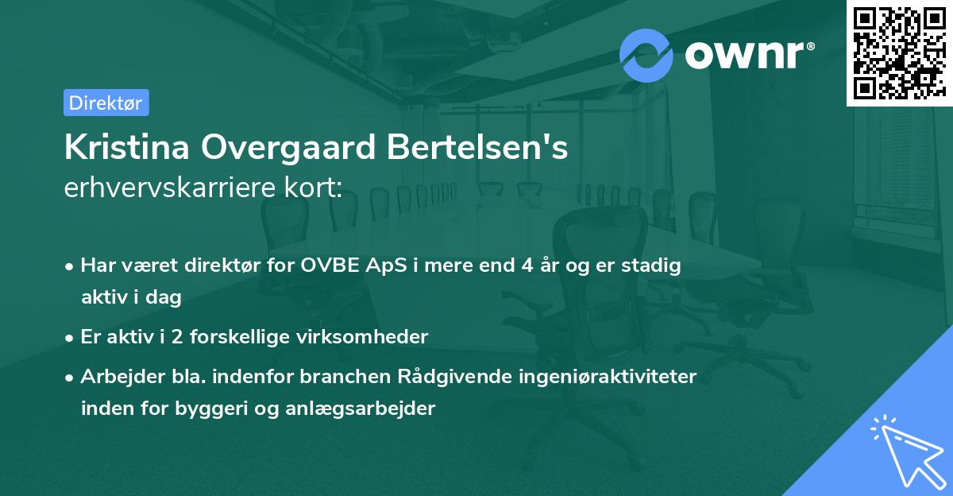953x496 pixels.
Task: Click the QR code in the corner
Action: click(899, 52)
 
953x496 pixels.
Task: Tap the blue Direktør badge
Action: click(106, 103)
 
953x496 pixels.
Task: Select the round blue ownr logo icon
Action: click(646, 55)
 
